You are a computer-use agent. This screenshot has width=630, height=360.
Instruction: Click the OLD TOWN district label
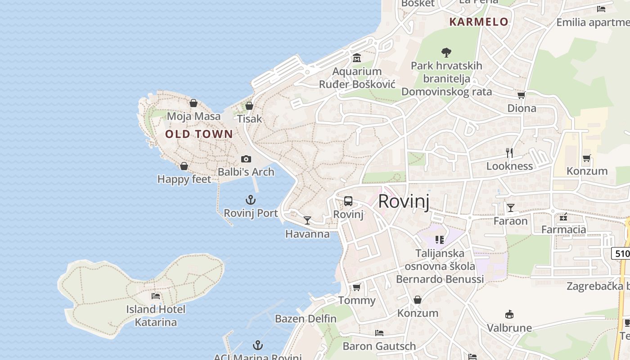point(199,134)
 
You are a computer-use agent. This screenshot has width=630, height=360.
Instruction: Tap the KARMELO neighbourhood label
point(479,22)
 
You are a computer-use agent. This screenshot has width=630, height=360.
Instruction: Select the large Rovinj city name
point(404,201)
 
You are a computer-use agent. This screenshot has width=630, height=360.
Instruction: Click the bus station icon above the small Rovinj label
point(348,201)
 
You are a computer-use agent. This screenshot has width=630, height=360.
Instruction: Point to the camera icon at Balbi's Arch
point(246,159)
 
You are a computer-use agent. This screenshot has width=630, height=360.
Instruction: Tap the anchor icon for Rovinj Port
point(251,200)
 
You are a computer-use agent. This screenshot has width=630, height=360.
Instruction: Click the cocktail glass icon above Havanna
point(307,220)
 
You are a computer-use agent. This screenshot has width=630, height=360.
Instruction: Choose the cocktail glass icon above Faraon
point(511,208)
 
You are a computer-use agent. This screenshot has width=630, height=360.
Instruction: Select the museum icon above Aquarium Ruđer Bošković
point(357,58)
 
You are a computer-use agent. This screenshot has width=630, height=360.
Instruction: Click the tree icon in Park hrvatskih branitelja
point(446,53)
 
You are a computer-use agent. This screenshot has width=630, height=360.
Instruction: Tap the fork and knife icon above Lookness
point(509,153)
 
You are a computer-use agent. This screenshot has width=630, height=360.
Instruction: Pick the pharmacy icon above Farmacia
point(563,217)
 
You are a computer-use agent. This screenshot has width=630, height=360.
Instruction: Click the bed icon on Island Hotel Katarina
point(156,296)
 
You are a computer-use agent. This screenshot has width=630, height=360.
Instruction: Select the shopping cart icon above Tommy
point(356,287)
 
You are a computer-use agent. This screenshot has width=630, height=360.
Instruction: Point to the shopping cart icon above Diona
point(522,95)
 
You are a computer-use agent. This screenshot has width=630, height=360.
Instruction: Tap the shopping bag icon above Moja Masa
point(193,103)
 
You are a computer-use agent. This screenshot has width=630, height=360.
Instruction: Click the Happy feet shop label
point(184,180)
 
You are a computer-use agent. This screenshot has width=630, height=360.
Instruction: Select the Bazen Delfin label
point(306,319)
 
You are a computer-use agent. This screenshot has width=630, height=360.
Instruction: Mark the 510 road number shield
point(621,253)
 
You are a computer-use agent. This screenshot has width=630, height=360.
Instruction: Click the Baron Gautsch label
point(379,346)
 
